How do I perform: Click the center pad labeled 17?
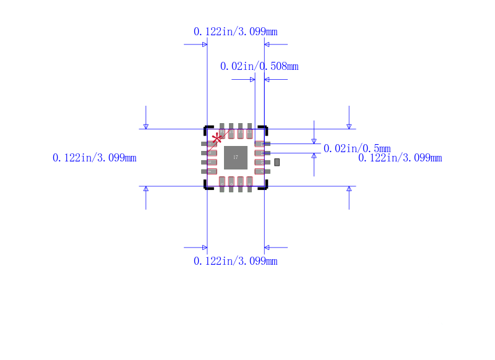point(235,157)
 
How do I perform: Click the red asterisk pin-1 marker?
point(217,138)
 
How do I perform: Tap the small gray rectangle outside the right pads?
point(277,162)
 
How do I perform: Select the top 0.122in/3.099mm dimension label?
point(235,32)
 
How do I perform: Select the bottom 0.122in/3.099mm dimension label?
point(235,261)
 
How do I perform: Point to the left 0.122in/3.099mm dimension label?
point(95,158)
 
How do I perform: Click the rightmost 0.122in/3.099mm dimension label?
point(400,158)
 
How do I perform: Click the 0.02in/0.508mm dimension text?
point(259,66)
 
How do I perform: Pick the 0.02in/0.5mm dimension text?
point(357,148)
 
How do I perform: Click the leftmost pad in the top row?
point(222,131)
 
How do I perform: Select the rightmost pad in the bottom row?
point(249,182)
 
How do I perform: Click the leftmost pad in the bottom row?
point(222,182)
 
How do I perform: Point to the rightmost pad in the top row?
point(249,131)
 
